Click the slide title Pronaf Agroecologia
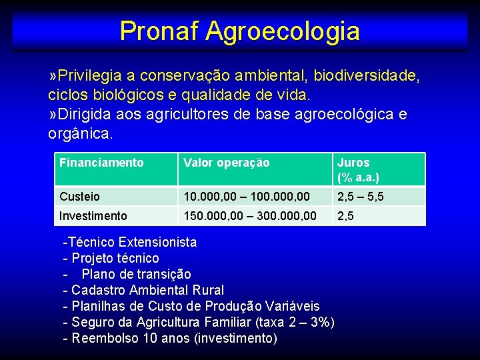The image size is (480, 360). pos(239,31)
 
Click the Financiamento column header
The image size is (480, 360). pos(101,163)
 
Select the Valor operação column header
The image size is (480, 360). pos(226,163)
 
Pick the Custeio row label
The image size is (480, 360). pos(79,197)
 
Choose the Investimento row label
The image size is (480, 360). pos(93,216)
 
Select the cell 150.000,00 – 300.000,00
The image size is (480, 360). pos(250,216)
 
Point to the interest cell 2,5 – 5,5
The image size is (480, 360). pos(360,197)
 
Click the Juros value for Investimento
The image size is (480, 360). pos(345,216)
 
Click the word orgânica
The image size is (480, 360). pos(79,133)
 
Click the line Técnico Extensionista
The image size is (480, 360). pos(130,242)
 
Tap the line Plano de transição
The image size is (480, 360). pos(136,274)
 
